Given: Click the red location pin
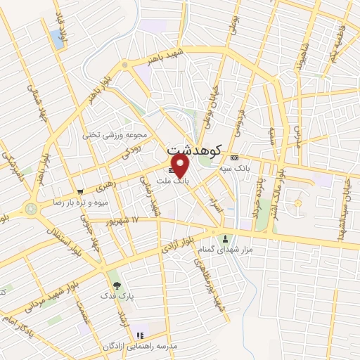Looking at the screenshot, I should pyautogui.click(x=181, y=165).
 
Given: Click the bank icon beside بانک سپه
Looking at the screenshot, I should pyautogui.click(x=235, y=157).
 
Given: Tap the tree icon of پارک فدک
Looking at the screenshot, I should pyautogui.click(x=117, y=286).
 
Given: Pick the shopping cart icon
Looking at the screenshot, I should pyautogui.click(x=81, y=191).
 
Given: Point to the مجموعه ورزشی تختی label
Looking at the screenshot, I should pyautogui.click(x=115, y=134).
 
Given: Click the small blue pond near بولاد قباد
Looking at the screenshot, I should pyautogui.click(x=56, y=38).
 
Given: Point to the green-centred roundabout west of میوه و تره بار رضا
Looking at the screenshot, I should pyautogui.click(x=31, y=209).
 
